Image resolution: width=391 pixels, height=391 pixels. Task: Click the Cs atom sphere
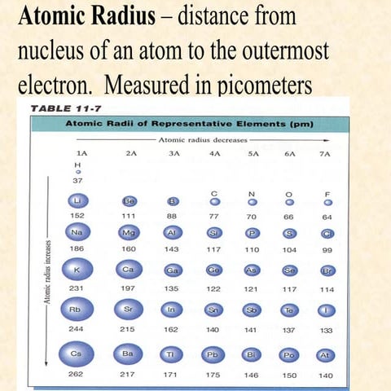(78, 355)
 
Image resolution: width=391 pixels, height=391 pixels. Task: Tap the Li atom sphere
(77, 200)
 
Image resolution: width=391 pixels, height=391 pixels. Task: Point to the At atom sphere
(326, 355)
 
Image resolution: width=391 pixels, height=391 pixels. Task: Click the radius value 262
(77, 376)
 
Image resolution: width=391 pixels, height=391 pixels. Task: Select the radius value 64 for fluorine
(327, 217)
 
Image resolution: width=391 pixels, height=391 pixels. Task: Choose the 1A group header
(77, 152)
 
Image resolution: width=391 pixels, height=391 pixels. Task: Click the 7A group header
(327, 152)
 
